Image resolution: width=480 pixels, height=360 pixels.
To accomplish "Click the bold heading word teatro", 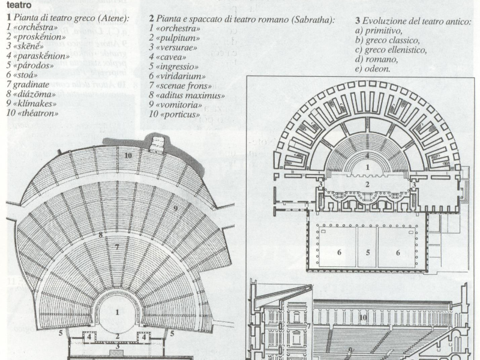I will pos(19,4).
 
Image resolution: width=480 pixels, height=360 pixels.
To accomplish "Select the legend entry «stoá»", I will pos(25,75).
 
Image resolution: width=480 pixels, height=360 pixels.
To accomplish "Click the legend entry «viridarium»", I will pos(180,76).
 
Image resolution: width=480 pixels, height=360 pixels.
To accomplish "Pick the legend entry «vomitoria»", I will pos(179,104).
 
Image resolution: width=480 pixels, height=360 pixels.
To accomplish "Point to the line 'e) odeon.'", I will pos(373,69).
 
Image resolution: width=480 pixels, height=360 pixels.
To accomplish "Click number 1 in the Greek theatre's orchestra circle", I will pos(118,312).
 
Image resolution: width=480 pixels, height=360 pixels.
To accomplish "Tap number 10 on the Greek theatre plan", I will pos(128,155).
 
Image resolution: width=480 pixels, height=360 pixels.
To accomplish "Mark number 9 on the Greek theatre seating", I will pos(176,208).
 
